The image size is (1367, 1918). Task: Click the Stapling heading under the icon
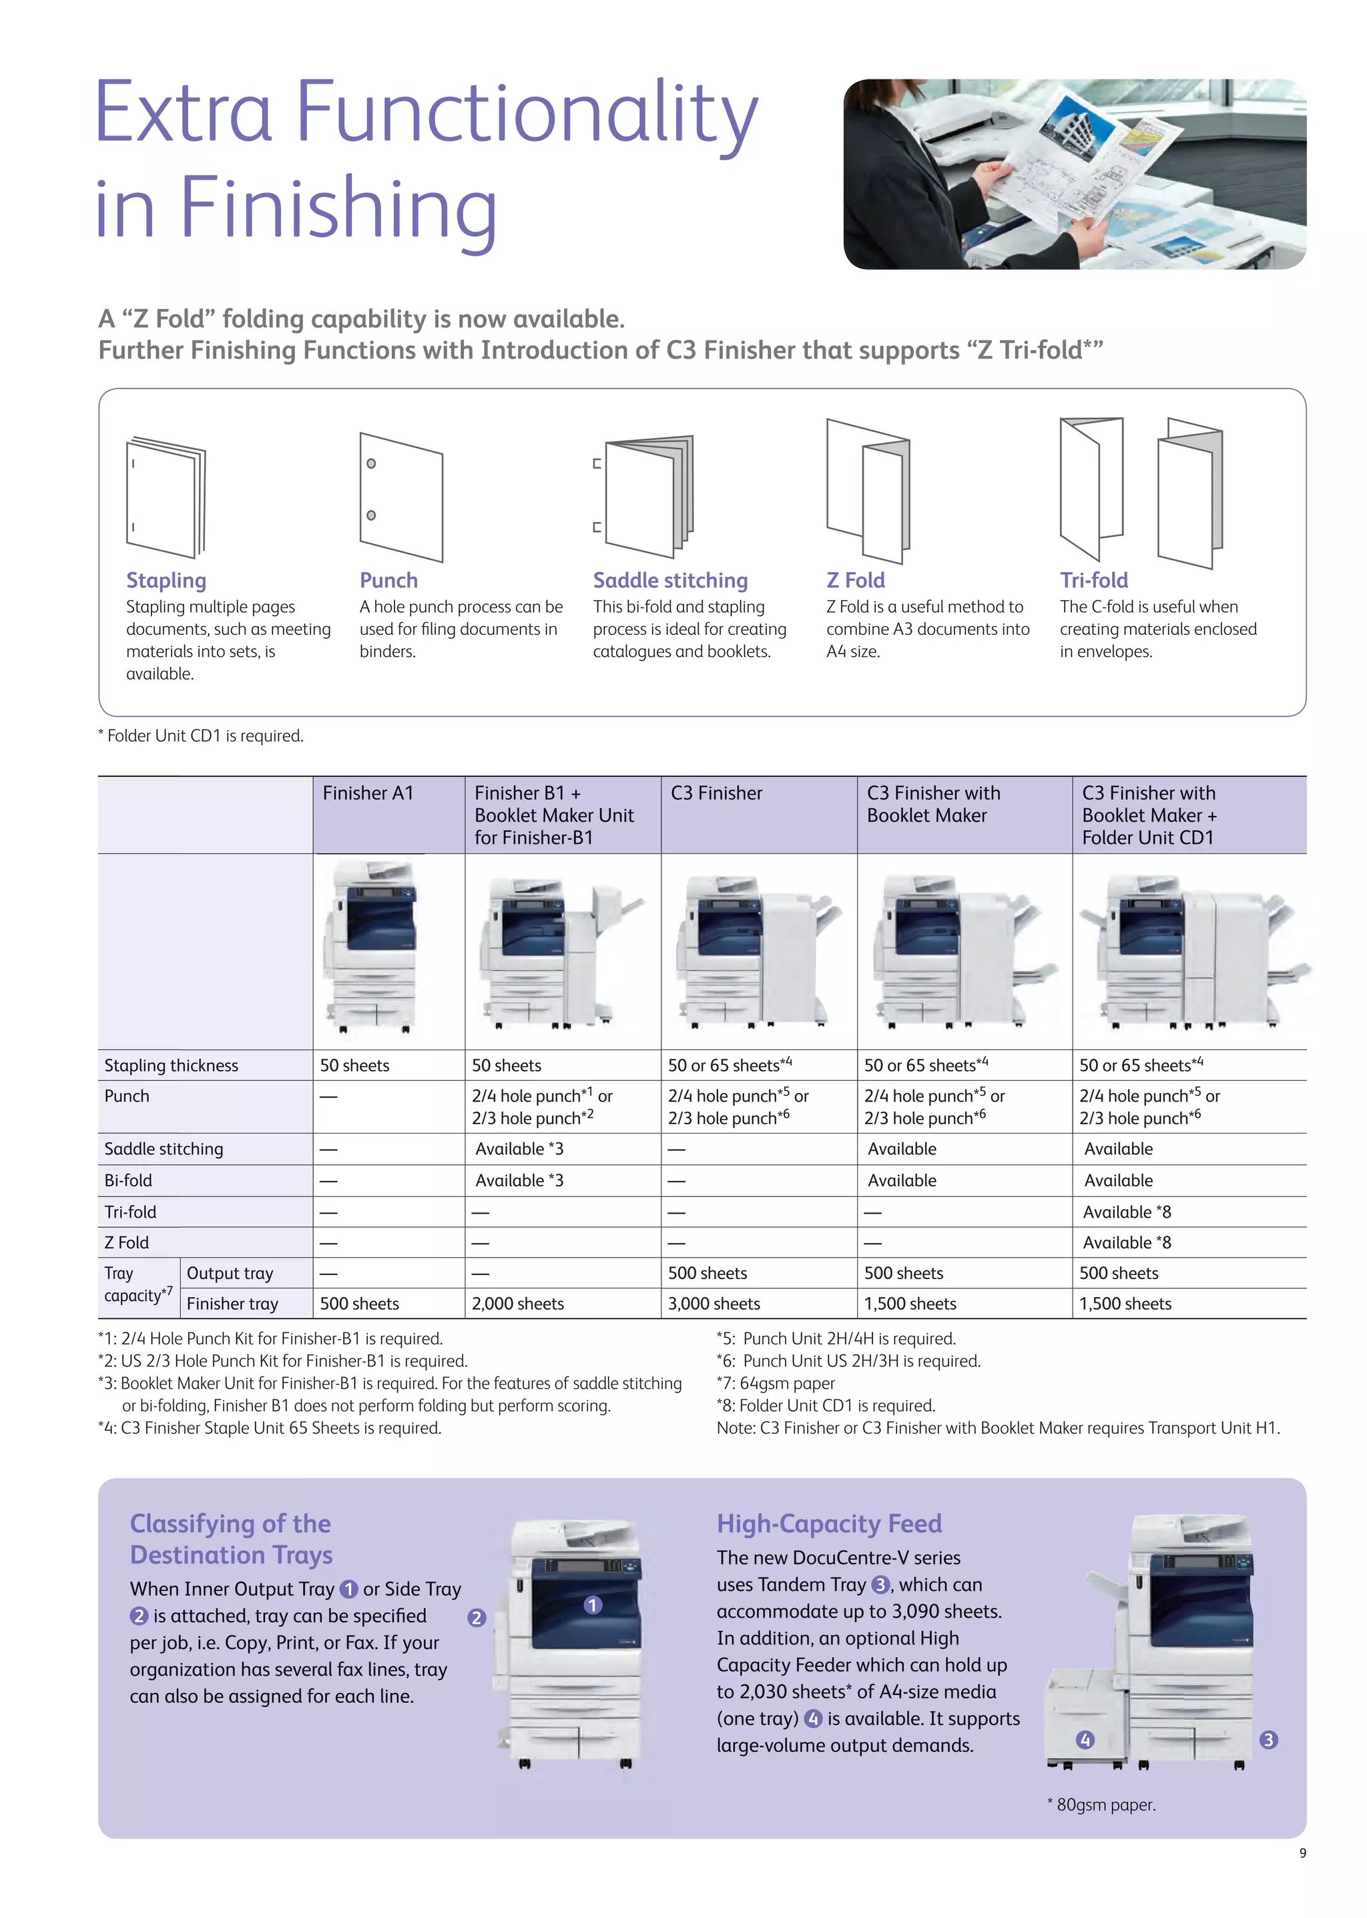click(166, 580)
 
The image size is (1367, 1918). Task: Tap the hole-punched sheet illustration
click(400, 497)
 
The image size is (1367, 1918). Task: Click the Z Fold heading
click(855, 580)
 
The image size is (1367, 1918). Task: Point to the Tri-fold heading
click(1093, 580)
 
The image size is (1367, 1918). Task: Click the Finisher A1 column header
click(368, 793)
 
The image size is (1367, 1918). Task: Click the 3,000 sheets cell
click(714, 1303)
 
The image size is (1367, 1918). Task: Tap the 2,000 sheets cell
click(518, 1303)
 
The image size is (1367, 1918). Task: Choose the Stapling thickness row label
click(171, 1065)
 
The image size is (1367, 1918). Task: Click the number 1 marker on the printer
click(593, 1605)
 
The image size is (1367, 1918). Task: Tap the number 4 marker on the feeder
click(1085, 1740)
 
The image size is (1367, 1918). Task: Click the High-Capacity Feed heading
click(828, 1524)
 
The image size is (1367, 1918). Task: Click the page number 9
click(1302, 1853)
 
